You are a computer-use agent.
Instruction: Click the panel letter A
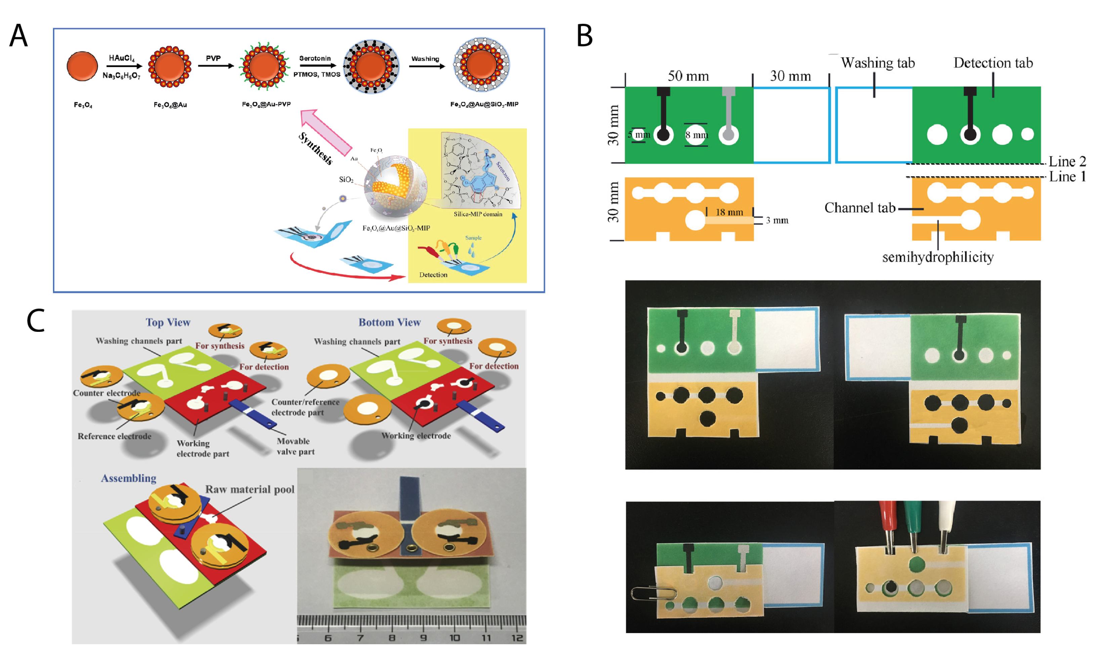click(19, 36)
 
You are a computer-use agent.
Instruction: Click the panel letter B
click(584, 36)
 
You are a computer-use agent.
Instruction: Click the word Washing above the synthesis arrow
click(425, 59)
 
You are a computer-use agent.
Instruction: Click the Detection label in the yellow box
click(433, 275)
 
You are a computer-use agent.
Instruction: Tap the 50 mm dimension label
click(688, 76)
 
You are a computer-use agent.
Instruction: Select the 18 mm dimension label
click(729, 212)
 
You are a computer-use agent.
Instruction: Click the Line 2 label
click(1067, 161)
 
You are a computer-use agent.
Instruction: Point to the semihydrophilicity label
click(938, 257)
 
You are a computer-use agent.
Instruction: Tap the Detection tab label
click(993, 63)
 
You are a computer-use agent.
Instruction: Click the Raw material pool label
click(250, 489)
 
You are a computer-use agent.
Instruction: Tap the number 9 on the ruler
click(423, 638)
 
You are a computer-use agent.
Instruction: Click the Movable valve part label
click(295, 447)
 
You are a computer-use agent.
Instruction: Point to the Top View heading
click(168, 322)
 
